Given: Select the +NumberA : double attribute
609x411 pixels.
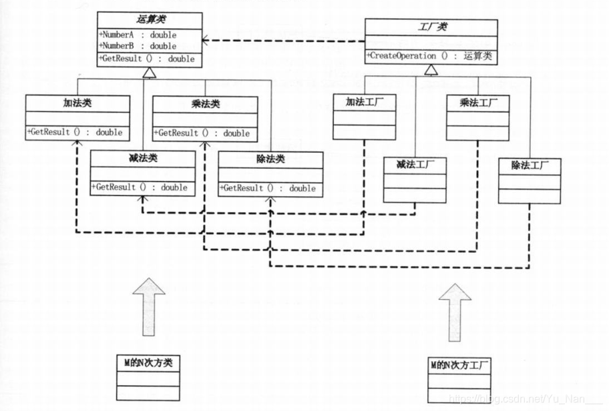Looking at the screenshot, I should (x=138, y=34).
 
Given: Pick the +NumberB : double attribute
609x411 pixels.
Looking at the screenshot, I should (x=138, y=46).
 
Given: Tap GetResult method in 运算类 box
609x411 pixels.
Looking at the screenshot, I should (x=146, y=59).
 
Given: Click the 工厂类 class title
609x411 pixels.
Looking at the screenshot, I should (x=431, y=26).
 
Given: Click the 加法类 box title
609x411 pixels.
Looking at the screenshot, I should (x=77, y=103).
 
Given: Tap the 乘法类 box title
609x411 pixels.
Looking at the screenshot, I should (x=205, y=104).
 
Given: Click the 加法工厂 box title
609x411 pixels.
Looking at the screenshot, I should (x=364, y=103).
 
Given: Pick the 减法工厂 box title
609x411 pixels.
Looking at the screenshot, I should (x=414, y=164).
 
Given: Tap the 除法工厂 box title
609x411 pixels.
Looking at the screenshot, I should (x=530, y=165).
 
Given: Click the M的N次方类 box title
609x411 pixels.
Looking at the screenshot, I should (x=148, y=362).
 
